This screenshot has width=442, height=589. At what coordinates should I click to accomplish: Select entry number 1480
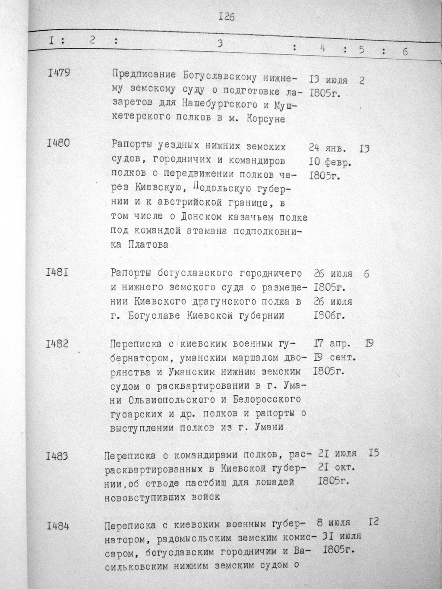point(58,143)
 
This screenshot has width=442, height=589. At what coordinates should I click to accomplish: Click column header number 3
point(221,43)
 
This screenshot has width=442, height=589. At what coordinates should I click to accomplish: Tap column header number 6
point(405,51)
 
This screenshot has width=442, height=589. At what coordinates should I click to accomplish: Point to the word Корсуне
point(266,120)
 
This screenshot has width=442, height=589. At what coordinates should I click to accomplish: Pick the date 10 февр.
point(330,164)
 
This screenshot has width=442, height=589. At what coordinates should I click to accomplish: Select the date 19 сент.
point(335,358)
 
